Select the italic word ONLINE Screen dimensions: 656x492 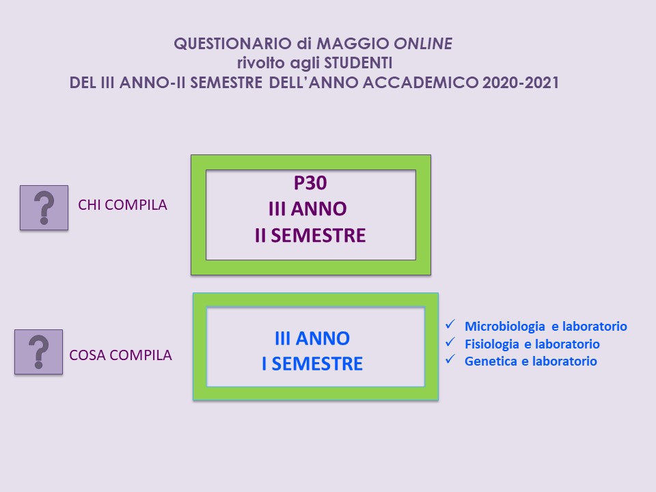coord(424,44)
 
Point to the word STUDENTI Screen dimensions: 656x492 coord(359,63)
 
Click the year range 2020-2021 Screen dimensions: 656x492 coord(521,83)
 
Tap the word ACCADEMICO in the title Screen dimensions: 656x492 coord(420,83)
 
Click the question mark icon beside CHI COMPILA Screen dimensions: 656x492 coord(44,208)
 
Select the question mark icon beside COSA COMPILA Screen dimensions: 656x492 coord(38,352)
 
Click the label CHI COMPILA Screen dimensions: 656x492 coord(122,205)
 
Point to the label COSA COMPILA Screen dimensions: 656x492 coord(120,355)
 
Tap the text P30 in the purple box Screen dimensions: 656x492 coord(310,183)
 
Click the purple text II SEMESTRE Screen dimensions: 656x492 coord(310,235)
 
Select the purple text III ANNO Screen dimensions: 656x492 coord(307,209)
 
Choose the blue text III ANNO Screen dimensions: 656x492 coord(312,338)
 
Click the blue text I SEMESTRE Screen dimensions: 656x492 coord(312,364)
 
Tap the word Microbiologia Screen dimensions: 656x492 coord(504,327)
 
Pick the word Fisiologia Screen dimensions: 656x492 coord(492,344)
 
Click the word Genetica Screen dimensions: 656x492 coord(491,361)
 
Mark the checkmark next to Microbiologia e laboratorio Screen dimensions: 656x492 coord(450,324)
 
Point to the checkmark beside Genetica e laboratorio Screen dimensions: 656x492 coord(450,359)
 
